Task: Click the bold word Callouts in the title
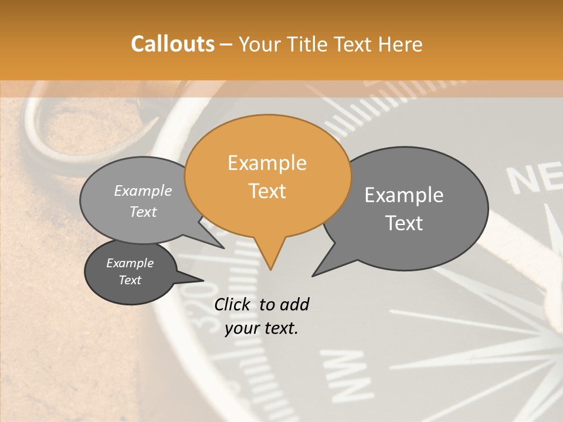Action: [172, 44]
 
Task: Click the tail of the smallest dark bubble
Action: [191, 278]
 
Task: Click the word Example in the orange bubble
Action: [267, 163]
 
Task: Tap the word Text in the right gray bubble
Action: [404, 223]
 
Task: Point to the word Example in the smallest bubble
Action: [130, 263]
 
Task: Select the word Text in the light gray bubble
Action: [143, 212]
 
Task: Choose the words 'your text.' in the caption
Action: [262, 328]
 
